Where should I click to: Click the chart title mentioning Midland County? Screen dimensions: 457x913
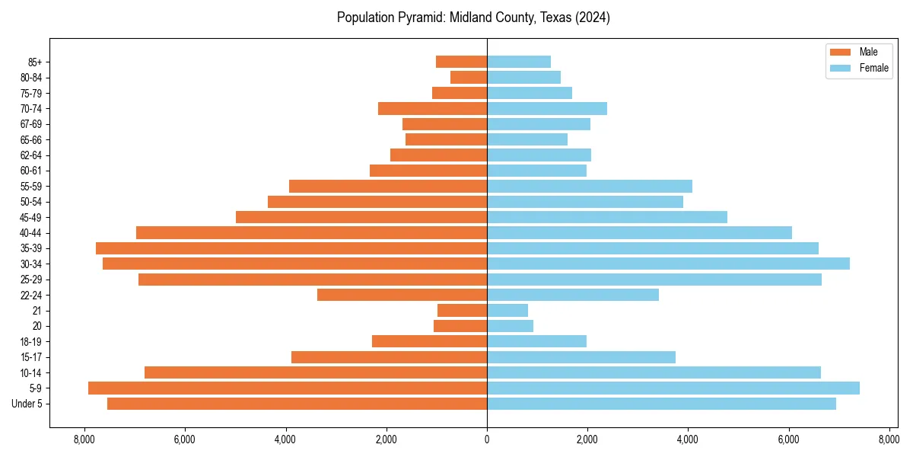pos(473,18)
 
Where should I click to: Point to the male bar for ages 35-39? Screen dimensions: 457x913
pos(291,248)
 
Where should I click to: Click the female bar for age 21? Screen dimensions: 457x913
pos(507,310)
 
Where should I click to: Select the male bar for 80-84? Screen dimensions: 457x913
pos(469,77)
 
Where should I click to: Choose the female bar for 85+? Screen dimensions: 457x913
pos(519,62)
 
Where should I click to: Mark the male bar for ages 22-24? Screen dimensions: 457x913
pos(402,295)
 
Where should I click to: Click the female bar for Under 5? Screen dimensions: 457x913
pos(661,404)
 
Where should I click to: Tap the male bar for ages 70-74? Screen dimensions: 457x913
pos(432,108)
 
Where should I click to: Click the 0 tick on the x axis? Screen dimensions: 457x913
pos(487,439)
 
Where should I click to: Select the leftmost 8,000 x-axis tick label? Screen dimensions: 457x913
pos(84,439)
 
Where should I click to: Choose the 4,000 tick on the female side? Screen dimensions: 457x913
pos(688,439)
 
